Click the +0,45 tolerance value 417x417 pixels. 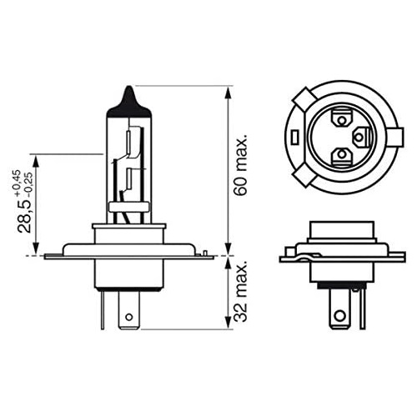[x=15, y=181]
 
